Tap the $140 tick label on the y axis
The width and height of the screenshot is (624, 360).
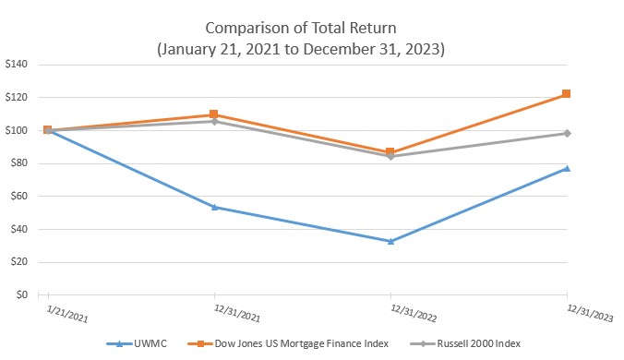click(x=18, y=65)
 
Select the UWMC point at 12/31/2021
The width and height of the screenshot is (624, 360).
click(x=215, y=207)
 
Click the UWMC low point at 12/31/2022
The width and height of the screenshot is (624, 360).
click(x=391, y=241)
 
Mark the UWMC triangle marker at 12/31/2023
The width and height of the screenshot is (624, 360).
click(x=567, y=168)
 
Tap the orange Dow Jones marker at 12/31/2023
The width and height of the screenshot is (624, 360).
click(x=567, y=94)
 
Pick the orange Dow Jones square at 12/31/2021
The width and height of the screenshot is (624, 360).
click(x=215, y=114)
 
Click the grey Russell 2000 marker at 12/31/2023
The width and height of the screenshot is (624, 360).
click(x=567, y=133)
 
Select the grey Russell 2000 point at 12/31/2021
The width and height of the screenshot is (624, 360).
click(x=215, y=121)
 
